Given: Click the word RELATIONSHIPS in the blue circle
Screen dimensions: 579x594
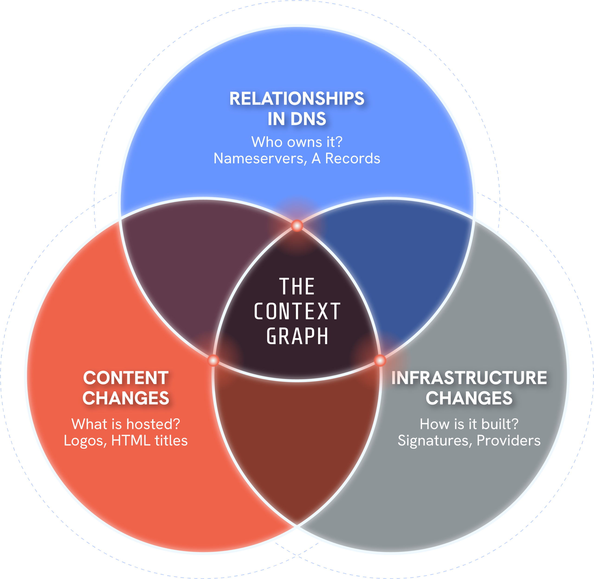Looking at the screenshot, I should click(x=297, y=99).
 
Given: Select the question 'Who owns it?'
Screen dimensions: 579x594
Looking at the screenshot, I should click(x=297, y=142).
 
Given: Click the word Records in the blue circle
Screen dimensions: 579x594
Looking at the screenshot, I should click(x=352, y=158).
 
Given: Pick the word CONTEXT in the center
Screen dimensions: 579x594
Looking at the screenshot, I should click(x=297, y=311).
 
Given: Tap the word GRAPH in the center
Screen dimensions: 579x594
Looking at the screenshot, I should click(x=297, y=336).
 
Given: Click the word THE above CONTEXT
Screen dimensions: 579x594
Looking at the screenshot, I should click(x=297, y=286).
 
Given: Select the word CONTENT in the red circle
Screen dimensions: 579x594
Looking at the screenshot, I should click(x=126, y=378).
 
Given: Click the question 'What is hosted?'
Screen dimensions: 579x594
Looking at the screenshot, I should click(x=126, y=424).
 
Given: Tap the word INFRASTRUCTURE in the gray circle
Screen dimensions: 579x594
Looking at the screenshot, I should click(x=469, y=378).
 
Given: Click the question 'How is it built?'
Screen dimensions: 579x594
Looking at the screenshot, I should click(x=469, y=424).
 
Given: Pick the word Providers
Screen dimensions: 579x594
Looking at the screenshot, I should click(x=508, y=441).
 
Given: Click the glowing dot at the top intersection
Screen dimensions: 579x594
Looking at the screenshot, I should click(x=297, y=226).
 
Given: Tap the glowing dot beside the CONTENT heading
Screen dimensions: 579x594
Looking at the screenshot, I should click(x=213, y=360).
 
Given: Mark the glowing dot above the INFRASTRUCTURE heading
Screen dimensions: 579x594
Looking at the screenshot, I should click(x=380, y=360).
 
